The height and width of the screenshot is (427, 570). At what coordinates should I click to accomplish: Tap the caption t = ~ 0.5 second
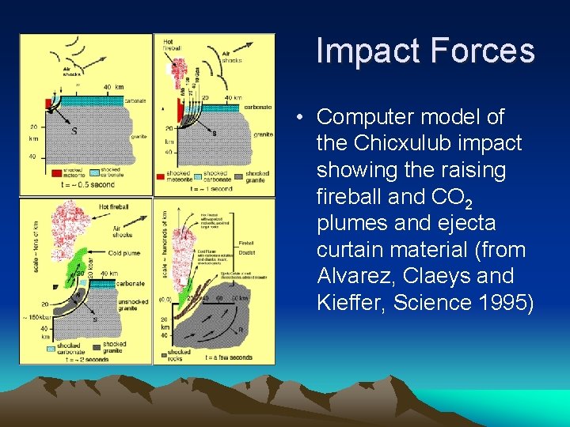click(x=87, y=185)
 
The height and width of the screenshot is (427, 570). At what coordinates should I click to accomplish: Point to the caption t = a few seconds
click(x=229, y=357)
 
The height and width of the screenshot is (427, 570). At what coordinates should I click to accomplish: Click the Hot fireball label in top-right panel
click(x=173, y=44)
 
